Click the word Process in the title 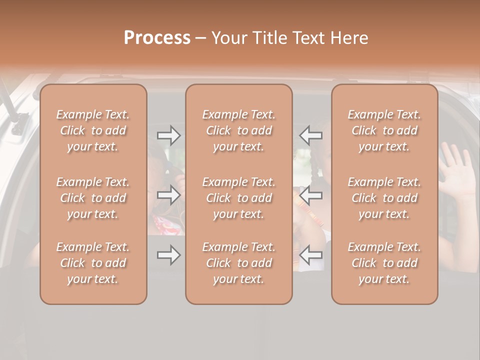(x=157, y=37)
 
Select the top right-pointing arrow (x=169, y=135)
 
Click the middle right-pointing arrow (x=169, y=195)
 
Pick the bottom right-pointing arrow (x=169, y=255)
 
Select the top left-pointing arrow (x=310, y=135)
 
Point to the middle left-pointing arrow (x=310, y=195)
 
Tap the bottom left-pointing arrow (x=310, y=255)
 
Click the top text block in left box (x=93, y=130)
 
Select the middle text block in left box (x=93, y=198)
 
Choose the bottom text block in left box (x=93, y=263)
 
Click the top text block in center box (x=238, y=130)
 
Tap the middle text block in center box (x=238, y=198)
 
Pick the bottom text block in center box (x=238, y=263)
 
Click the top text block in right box (x=384, y=130)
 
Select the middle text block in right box (x=384, y=198)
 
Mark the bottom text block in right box (x=384, y=263)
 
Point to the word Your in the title (x=230, y=37)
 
